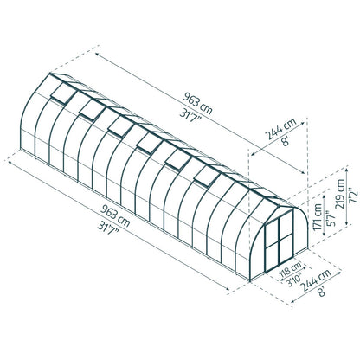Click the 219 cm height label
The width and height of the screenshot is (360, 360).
[x=340, y=194]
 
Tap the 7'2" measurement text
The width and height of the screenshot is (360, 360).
[x=354, y=196]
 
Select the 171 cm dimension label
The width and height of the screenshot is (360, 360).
[x=318, y=216]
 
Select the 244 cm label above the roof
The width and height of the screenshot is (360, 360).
[x=280, y=129]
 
